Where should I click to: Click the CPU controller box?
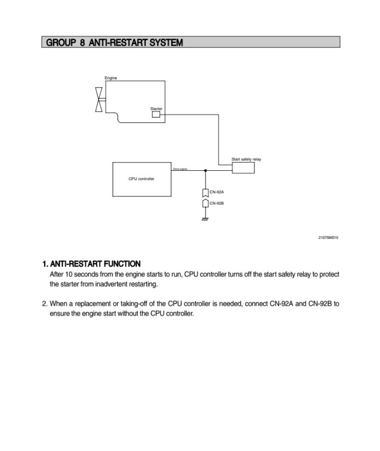pos(141,179)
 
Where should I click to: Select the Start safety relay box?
pos(243,168)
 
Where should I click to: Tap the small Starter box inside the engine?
pos(156,114)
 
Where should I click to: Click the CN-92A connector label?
pos(217,192)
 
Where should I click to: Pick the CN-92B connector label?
pos(217,203)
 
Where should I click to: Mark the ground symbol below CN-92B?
pos(205,219)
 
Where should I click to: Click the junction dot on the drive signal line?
pos(205,170)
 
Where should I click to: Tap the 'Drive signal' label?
pos(180,169)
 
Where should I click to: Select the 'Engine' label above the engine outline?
pos(110,78)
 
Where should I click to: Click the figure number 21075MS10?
pos(328,237)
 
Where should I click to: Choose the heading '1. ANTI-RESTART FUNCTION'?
pos(91,264)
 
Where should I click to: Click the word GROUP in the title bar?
pos(60,42)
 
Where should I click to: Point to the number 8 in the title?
pos(83,42)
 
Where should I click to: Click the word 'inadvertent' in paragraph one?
pos(120,285)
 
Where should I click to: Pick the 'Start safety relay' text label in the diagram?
pos(246,159)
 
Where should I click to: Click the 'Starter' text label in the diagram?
pos(156,109)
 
